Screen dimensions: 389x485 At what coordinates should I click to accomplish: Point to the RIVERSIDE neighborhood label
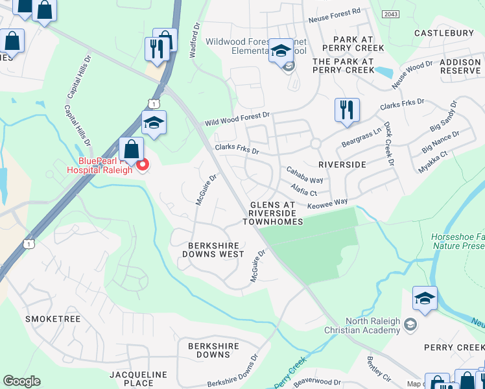pos(338,165)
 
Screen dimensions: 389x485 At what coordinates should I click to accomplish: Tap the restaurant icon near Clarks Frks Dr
pos(347,110)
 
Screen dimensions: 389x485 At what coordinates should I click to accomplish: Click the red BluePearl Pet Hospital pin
pos(142,165)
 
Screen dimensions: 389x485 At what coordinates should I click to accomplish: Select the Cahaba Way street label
pos(305,174)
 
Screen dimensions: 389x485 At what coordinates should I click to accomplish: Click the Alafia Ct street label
pos(303,190)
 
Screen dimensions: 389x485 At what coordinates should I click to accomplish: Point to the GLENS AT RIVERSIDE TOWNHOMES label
pos(272,213)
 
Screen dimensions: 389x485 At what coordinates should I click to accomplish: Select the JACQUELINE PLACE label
pos(138,379)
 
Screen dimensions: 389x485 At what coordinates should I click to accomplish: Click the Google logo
pos(21,381)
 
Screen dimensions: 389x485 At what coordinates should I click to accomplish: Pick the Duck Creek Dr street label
pos(389,144)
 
